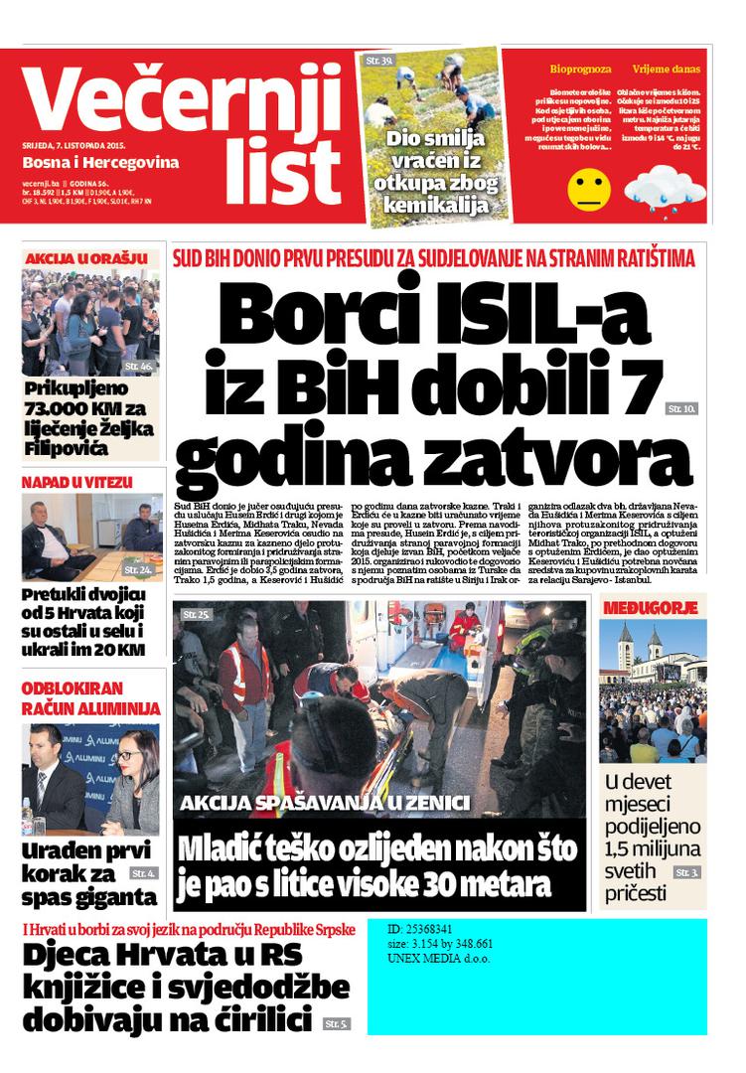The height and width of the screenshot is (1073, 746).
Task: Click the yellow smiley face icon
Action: [x=589, y=190]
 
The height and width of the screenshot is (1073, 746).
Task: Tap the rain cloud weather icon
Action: [x=665, y=189]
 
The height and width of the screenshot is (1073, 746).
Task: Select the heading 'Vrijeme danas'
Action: [x=666, y=70]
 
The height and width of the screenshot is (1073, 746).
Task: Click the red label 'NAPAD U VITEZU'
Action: [x=77, y=483]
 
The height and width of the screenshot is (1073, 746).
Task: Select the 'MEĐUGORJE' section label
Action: [x=653, y=607]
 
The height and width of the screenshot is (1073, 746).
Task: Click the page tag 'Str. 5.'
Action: [x=336, y=1023]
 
